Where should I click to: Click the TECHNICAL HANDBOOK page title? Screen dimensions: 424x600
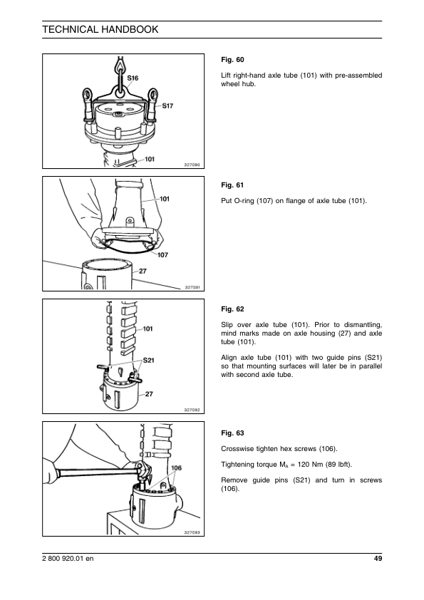pos(100,29)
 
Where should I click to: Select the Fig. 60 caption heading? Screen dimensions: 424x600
pos(232,60)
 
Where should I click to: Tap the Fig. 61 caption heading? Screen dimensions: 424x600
pos(232,185)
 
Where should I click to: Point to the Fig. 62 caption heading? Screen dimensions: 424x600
pos(232,309)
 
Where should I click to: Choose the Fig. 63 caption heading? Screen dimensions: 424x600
pos(232,433)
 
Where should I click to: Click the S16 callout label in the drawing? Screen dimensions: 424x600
pos(133,78)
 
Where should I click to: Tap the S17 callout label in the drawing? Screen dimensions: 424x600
pos(167,105)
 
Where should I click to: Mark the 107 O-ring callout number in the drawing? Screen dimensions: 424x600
pos(162,255)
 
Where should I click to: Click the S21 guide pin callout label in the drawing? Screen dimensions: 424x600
pos(148,360)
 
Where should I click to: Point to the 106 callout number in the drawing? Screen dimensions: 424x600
pos(177,468)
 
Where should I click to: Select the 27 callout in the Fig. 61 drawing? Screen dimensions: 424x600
pos(143,271)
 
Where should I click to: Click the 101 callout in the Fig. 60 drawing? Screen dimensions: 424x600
pos(150,159)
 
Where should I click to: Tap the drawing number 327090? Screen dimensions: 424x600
pos(192,165)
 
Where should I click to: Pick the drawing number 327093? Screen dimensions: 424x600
pos(192,532)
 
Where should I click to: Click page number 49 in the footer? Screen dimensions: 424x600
pos(378,559)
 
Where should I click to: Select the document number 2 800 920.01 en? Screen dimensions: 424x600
pos(68,559)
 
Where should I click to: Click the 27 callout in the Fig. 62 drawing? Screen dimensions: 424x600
pos(149,394)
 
